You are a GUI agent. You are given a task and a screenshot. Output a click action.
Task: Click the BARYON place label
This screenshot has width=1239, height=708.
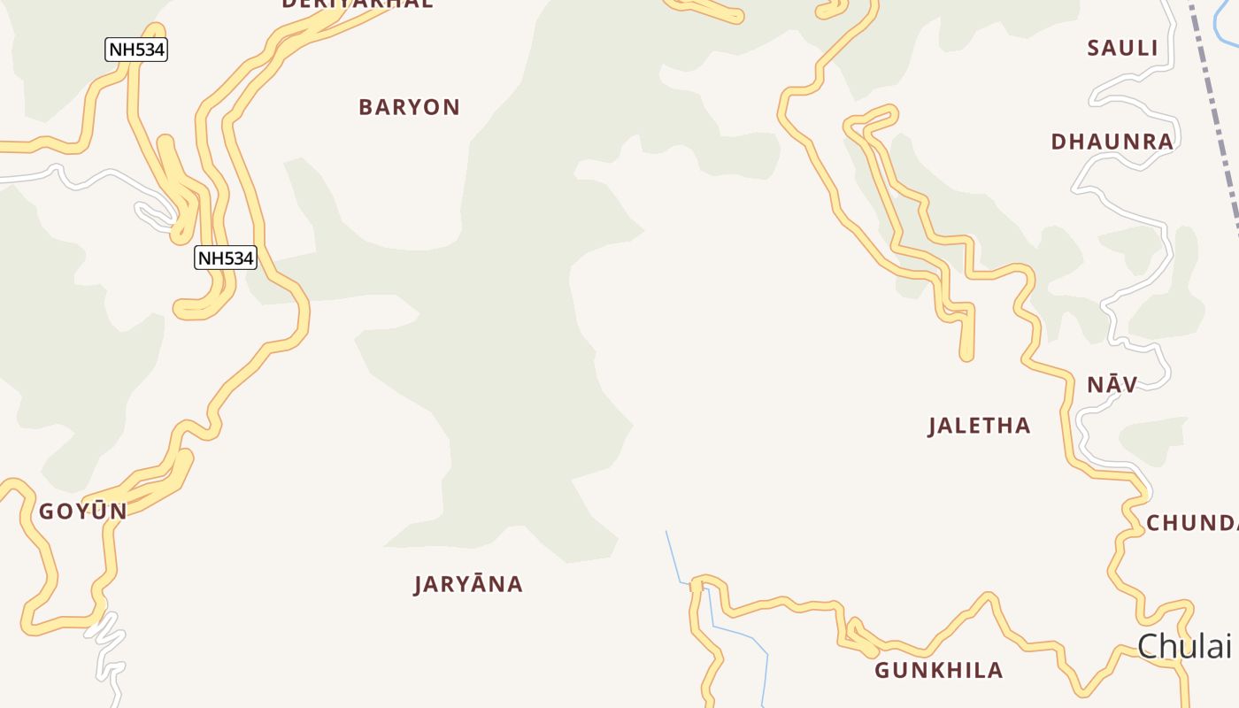pyautogui.click(x=409, y=107)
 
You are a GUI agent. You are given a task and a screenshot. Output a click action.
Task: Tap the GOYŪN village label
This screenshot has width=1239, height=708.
pyautogui.click(x=82, y=511)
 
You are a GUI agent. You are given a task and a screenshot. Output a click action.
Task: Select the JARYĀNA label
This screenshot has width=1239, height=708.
pyautogui.click(x=468, y=584)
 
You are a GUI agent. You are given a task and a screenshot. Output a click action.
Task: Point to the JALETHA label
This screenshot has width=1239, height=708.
pyautogui.click(x=979, y=426)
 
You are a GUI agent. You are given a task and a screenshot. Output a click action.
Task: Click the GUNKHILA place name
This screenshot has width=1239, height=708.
pyautogui.click(x=938, y=670)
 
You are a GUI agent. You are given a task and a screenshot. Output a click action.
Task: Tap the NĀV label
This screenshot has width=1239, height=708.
pyautogui.click(x=1112, y=384)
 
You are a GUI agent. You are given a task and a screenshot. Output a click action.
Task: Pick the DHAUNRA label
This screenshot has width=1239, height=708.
pyautogui.click(x=1112, y=142)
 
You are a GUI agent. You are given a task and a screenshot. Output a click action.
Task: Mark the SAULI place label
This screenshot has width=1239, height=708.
pyautogui.click(x=1122, y=49)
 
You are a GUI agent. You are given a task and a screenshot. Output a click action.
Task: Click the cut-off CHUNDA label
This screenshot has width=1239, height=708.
pyautogui.click(x=1191, y=523)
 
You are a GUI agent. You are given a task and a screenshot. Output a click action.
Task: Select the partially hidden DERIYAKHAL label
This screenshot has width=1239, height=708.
pyautogui.click(x=358, y=4)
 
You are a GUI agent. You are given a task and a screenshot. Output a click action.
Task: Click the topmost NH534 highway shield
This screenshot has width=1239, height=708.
pyautogui.click(x=136, y=50)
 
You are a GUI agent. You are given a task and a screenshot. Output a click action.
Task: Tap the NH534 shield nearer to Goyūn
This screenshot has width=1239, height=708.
pyautogui.click(x=226, y=258)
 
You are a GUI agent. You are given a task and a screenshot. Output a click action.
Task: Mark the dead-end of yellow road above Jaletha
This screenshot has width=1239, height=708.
pyautogui.click(x=966, y=356)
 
